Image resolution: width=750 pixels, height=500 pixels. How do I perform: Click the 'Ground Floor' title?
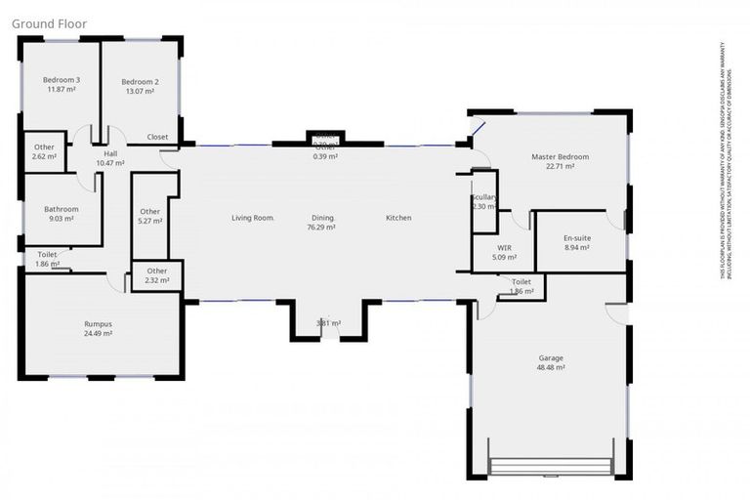pyautogui.click(x=49, y=23)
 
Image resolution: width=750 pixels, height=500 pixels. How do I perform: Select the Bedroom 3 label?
pyautogui.click(x=61, y=80)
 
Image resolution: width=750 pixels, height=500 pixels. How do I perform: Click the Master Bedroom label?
pyautogui.click(x=560, y=156)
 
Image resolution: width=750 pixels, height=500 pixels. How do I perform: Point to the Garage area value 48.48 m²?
pyautogui.click(x=550, y=368)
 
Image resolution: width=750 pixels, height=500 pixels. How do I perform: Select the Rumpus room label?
pyautogui.click(x=98, y=323)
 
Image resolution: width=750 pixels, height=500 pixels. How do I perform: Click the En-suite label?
pyautogui.click(x=577, y=238)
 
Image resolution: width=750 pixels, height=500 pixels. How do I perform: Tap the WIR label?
pyautogui.click(x=504, y=248)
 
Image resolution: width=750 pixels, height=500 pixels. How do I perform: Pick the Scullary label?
pyautogui.click(x=484, y=197)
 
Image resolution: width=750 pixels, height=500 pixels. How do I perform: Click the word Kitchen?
pyautogui.click(x=398, y=218)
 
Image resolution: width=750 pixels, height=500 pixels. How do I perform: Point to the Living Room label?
pyautogui.click(x=253, y=218)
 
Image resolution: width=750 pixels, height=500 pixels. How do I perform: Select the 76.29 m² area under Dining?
pyautogui.click(x=322, y=228)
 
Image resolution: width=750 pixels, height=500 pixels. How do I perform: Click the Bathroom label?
pyautogui.click(x=61, y=209)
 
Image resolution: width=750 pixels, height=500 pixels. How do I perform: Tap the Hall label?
pyautogui.click(x=110, y=153)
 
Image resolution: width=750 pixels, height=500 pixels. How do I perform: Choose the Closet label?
pyautogui.click(x=157, y=138)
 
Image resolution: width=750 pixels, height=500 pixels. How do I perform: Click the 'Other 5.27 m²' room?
pyautogui.click(x=149, y=216)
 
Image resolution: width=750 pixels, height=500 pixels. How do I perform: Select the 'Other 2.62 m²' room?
pyautogui.click(x=44, y=151)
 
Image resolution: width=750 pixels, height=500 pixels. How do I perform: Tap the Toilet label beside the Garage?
pyautogui.click(x=521, y=282)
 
